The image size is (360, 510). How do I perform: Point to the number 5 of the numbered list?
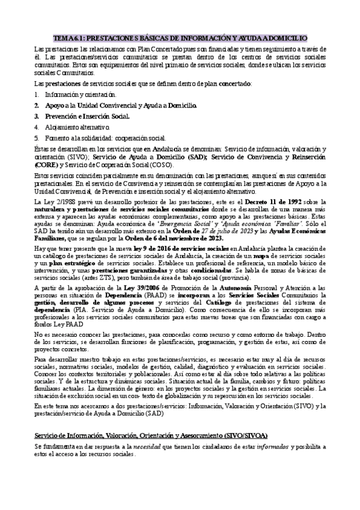pyautogui.click(x=37, y=138)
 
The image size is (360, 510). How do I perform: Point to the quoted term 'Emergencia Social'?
pyautogui.click(x=180, y=224)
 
